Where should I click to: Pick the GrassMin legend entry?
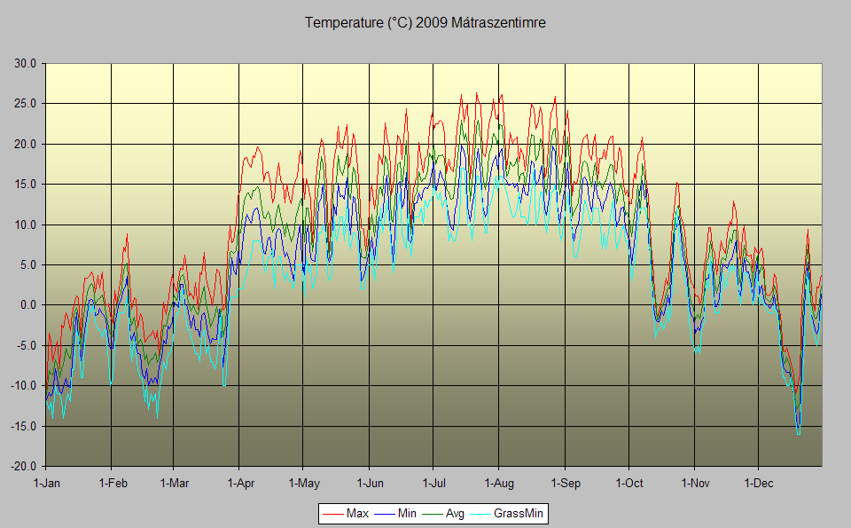coord(519,513)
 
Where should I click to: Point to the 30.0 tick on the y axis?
coord(25,64)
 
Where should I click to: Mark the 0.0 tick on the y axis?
coord(27,305)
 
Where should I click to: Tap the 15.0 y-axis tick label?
coord(25,185)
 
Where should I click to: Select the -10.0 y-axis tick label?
coord(23,386)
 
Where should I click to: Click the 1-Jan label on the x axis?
coord(46,484)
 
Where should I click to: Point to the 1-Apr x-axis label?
coord(239,484)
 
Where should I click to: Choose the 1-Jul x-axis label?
coord(433,484)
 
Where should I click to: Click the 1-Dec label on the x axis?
coord(758,484)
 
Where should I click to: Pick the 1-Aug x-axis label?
coord(498,484)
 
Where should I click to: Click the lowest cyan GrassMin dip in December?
coord(799,434)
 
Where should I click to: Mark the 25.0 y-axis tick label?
coord(25,104)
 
